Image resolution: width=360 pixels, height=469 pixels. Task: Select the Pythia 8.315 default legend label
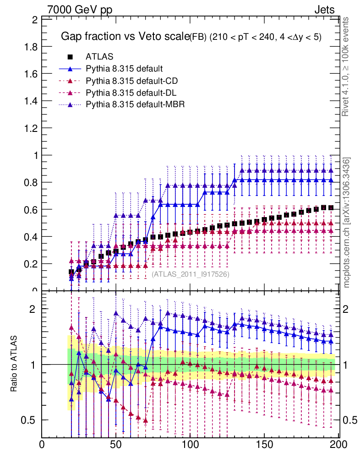[x=124, y=69]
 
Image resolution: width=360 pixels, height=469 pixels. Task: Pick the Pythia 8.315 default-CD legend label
[x=131, y=81]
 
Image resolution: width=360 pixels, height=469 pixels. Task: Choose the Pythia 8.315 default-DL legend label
[x=131, y=93]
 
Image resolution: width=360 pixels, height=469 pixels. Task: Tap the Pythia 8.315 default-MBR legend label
[x=135, y=105]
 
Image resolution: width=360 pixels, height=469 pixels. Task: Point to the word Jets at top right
[x=324, y=10]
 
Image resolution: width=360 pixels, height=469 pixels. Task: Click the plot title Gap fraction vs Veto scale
[x=125, y=37]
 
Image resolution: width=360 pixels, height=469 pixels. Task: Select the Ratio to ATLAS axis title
[x=14, y=364]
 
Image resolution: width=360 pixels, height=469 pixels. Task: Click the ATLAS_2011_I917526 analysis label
[x=191, y=274]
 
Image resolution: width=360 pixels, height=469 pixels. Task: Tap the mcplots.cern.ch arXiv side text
[x=347, y=223]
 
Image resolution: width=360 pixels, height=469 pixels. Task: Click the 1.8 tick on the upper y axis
[x=32, y=47]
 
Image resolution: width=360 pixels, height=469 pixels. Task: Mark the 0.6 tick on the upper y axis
[x=32, y=209]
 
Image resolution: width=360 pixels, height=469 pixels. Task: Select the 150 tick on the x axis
[x=264, y=445]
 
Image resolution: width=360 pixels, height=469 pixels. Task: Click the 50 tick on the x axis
[x=116, y=445]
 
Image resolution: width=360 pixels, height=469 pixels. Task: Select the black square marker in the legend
[x=71, y=57]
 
